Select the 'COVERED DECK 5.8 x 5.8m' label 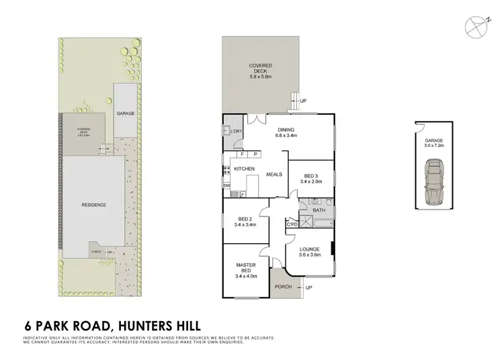coord(260,69)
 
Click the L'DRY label coord(236,132)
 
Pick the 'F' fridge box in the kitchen coord(241,154)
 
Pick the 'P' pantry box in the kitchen coord(255,154)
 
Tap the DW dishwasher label coord(226,185)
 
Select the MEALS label coord(274,175)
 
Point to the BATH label coord(319,210)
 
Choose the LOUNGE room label coord(309,251)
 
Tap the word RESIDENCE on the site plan coord(94,205)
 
